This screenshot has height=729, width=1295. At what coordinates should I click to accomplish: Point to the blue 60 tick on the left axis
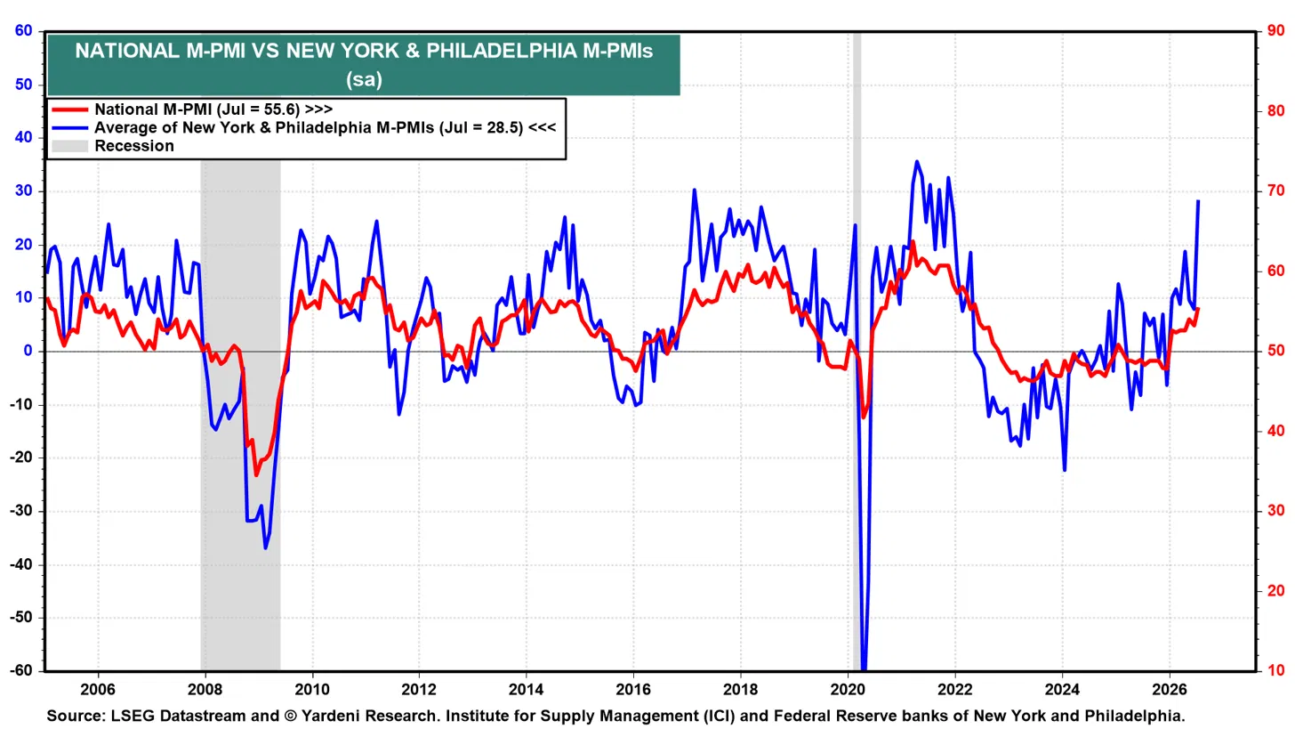[24, 30]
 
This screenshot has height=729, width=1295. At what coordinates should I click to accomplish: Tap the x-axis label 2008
[205, 690]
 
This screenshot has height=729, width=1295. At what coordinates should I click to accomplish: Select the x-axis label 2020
[848, 690]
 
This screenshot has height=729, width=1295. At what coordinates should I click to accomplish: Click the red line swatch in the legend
[70, 109]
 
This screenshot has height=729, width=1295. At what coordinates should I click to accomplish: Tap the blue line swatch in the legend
[70, 128]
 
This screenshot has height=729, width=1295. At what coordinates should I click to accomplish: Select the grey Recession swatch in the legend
[70, 146]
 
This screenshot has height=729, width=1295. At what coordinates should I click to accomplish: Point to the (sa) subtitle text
[365, 79]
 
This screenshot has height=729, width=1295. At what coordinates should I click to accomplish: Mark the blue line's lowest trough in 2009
[265, 548]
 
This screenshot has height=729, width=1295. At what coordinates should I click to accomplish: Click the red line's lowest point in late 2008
[256, 475]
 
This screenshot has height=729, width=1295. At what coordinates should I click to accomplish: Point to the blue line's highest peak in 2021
[916, 161]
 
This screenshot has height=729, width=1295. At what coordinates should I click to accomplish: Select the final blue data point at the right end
[1198, 201]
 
